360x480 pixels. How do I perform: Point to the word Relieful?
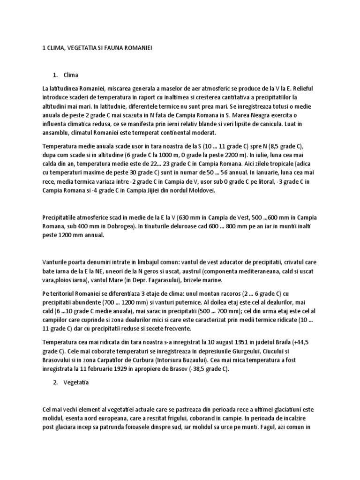305,88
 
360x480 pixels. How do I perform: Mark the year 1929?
124,369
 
